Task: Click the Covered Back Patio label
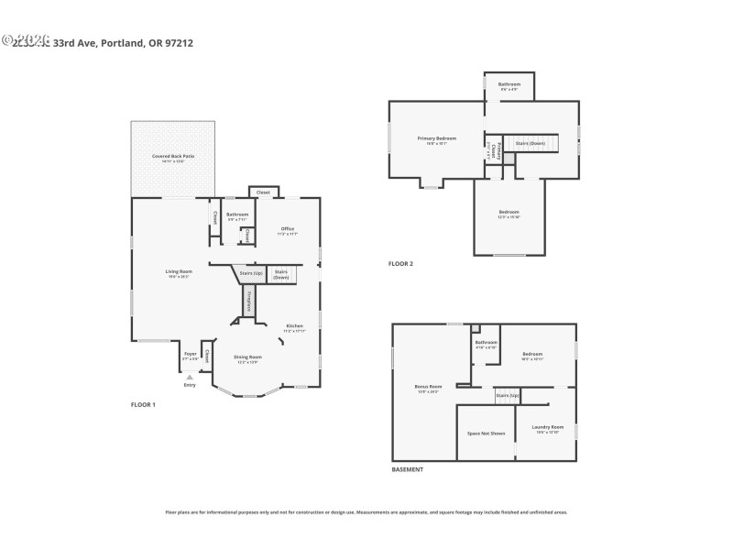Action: (173, 157)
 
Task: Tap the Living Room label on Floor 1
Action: (179, 272)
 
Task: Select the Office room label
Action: (288, 229)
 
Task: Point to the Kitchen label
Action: (294, 326)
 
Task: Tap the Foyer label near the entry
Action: (191, 354)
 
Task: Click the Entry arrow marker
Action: (190, 377)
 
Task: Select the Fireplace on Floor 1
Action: (247, 302)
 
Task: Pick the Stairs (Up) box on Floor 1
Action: (251, 273)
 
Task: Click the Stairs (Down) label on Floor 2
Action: (531, 143)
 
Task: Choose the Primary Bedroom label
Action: (437, 138)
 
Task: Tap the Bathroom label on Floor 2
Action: (509, 84)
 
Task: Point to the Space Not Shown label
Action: (486, 433)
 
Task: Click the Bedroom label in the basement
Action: (532, 354)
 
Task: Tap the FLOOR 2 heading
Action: (400, 264)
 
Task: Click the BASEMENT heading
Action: (408, 469)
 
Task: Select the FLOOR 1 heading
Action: (143, 404)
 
